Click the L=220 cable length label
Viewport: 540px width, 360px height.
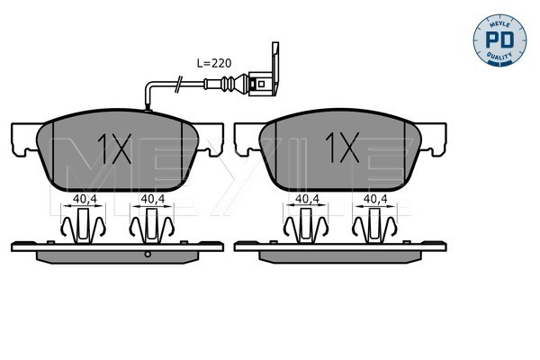[214, 63]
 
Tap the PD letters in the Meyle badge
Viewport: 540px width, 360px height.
[499, 40]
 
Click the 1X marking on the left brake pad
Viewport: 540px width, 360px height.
[114, 148]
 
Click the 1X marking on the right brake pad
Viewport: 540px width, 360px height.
[342, 148]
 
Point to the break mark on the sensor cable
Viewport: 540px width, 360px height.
[178, 85]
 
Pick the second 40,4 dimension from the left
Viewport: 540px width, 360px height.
[153, 199]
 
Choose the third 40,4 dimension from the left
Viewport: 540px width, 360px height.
[308, 199]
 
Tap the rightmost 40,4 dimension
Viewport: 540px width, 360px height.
[375, 199]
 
